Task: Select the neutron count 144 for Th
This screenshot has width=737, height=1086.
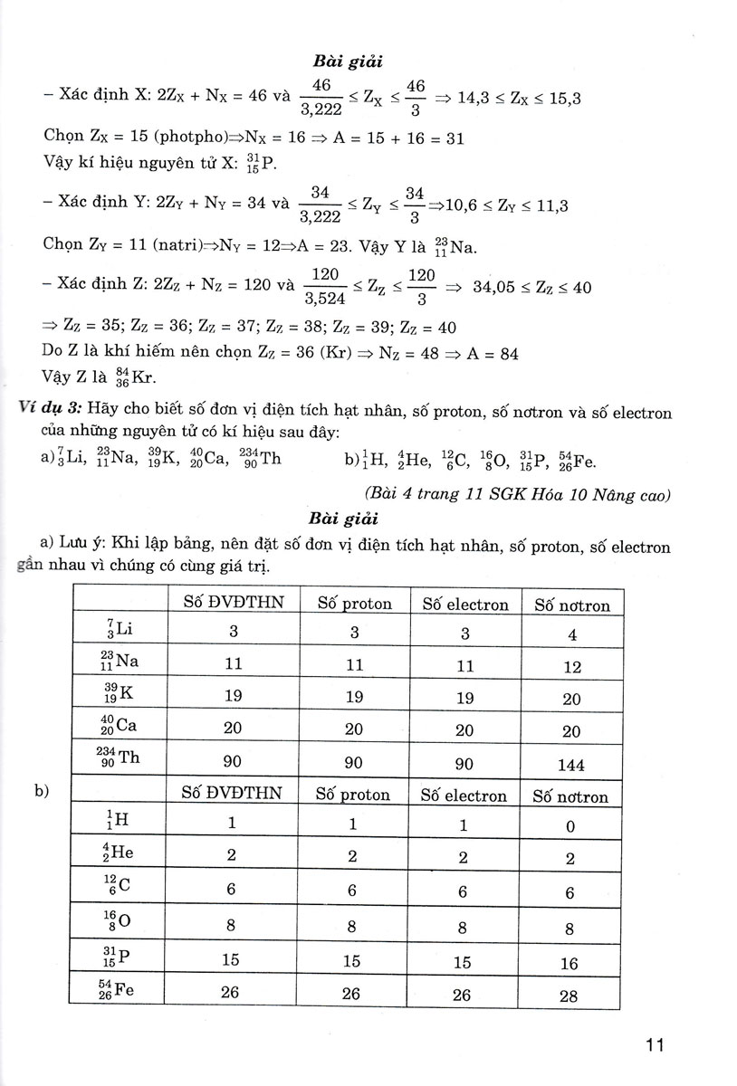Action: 571,765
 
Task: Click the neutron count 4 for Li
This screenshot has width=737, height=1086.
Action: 571,635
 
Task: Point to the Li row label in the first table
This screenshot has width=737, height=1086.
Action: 118,629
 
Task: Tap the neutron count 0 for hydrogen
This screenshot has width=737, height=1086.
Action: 569,826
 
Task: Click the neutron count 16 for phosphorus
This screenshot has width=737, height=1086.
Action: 569,964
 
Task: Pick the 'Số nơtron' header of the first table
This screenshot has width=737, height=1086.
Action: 572,605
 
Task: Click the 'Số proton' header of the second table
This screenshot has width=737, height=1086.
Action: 353,795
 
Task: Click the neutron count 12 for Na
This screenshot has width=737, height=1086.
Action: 571,667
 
